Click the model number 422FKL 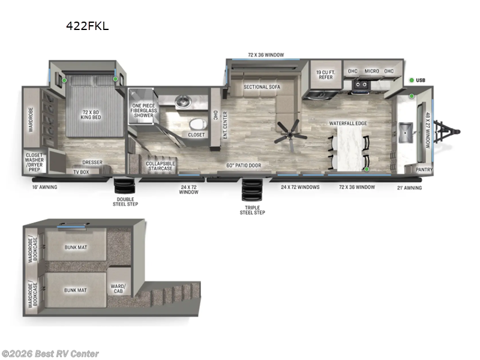tap(87, 26)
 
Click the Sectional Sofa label tap(262, 86)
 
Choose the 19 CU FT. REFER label tap(325, 76)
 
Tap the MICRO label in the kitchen tap(371, 71)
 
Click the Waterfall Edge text tap(347, 123)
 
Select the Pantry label tap(424, 170)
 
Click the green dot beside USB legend tap(412, 80)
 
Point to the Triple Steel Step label tap(252, 209)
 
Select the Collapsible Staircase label tap(161, 165)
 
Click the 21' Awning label tap(409, 188)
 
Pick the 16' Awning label tap(44, 187)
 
